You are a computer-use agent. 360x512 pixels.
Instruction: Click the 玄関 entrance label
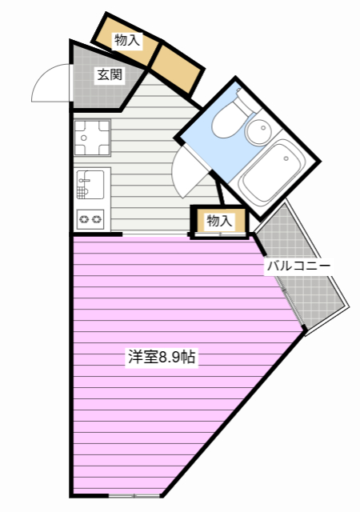click(110, 76)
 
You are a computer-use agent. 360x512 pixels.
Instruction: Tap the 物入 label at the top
click(127, 40)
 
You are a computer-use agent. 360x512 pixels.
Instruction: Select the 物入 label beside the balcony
click(218, 221)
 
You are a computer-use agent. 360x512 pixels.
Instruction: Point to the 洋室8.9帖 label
click(162, 358)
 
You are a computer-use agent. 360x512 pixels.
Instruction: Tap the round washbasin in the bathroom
click(258, 131)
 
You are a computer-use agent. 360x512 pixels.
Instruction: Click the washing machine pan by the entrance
click(91, 137)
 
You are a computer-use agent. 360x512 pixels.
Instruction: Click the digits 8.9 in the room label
click(170, 358)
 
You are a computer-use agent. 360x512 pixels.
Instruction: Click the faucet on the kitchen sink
click(82, 182)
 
